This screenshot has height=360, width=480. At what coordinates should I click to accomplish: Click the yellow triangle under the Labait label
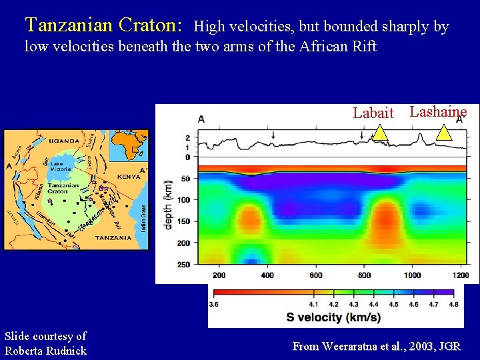[x=379, y=133]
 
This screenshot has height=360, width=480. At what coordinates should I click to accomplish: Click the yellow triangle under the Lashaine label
[x=443, y=133]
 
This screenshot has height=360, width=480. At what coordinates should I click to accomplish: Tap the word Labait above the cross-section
[x=373, y=113]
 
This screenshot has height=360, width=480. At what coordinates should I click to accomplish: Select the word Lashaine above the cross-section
[x=438, y=111]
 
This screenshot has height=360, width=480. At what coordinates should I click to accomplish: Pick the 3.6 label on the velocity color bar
[x=215, y=304]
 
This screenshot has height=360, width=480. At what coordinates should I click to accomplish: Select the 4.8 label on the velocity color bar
[x=453, y=304]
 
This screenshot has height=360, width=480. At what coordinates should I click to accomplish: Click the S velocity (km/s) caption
[x=333, y=317]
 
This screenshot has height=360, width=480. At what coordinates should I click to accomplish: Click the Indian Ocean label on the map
[x=143, y=218]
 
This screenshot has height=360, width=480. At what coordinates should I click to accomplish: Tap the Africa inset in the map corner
[x=129, y=145]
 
